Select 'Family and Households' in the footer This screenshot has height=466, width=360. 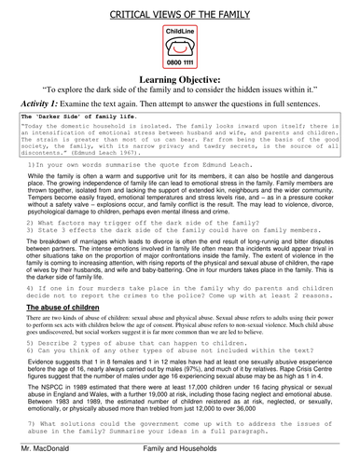(183, 459)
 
